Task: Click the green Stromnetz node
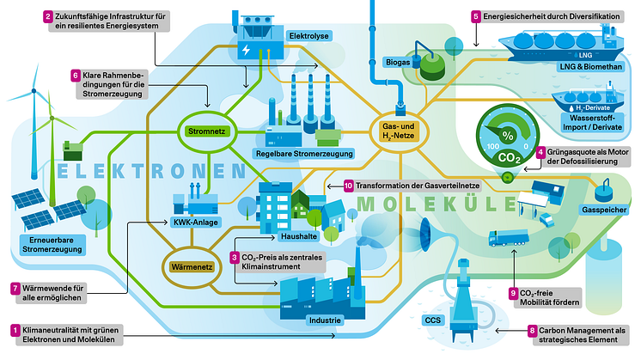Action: click(205, 132)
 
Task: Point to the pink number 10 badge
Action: click(348, 185)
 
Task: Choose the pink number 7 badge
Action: click(14, 288)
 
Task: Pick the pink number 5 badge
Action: click(475, 16)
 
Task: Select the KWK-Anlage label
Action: click(194, 223)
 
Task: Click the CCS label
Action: click(433, 322)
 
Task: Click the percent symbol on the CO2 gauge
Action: click(508, 137)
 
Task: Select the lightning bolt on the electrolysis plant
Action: click(248, 50)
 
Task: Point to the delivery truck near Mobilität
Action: click(507, 237)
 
